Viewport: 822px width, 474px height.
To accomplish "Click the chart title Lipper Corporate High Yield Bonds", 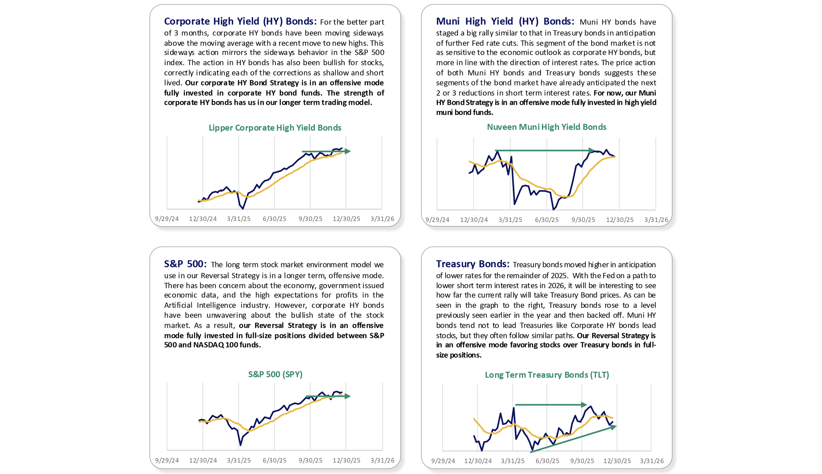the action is pos(275,128).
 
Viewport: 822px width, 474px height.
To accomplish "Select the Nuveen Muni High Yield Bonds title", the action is pos(546,127).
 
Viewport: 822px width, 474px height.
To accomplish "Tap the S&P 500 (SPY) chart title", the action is pos(275,374).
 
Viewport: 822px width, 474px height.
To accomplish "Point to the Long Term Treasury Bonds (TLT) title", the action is pos(547,375).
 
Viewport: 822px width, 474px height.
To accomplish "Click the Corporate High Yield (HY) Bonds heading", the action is pos(240,21).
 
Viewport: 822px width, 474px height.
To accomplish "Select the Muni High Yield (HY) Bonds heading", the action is pos(505,21).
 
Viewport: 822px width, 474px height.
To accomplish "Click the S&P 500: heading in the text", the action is pos(185,264).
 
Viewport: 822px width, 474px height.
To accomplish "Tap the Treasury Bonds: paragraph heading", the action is pos(472,264).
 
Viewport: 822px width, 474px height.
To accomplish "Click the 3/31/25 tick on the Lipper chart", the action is pos(239,219).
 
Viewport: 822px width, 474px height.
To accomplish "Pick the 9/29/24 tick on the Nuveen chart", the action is pos(437,220).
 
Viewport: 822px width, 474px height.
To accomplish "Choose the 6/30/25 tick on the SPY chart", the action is pos(275,460).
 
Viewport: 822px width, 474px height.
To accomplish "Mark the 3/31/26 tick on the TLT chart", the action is pos(652,461).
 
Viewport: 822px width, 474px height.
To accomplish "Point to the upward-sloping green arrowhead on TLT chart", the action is pos(614,427).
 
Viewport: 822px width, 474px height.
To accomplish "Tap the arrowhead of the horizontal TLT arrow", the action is pos(584,405).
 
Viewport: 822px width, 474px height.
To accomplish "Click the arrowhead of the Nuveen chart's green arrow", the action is pos(592,150).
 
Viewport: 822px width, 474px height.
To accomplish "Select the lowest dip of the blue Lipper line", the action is pos(243,208).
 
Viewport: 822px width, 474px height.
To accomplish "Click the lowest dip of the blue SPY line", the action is pos(241,445).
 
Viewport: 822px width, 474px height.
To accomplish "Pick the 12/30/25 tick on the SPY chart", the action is pos(346,460).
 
